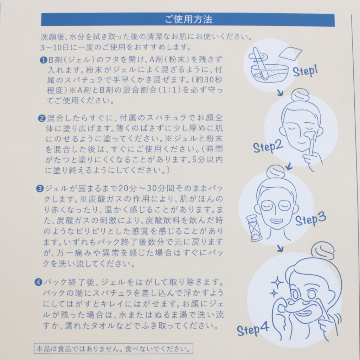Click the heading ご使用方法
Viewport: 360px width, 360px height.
pos(188,20)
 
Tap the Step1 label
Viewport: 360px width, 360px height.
pos(306,71)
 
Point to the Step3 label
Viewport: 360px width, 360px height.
pos(311,219)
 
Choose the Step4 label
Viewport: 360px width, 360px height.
pos(253,329)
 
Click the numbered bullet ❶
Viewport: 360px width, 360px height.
pos(43,60)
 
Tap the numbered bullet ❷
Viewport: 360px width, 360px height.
pos(42,118)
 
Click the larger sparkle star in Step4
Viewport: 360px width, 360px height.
pos(277,282)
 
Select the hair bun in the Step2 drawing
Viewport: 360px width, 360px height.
pos(300,95)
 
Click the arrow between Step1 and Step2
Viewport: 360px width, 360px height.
pos(280,93)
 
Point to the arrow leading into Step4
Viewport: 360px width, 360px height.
pos(280,248)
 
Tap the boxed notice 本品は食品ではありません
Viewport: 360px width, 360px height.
pos(113,348)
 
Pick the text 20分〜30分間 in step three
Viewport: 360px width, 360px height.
pos(147,188)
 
